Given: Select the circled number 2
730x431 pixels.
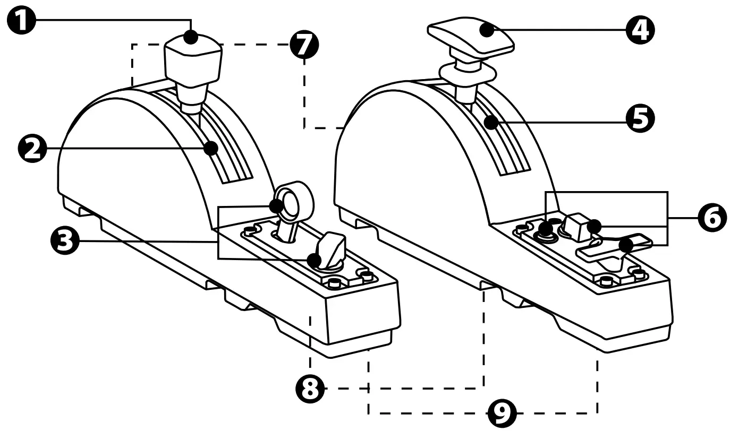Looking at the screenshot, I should (32, 148).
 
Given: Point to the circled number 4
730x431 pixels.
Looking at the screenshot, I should (640, 30).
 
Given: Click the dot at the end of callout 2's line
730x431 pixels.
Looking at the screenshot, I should (213, 148).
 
